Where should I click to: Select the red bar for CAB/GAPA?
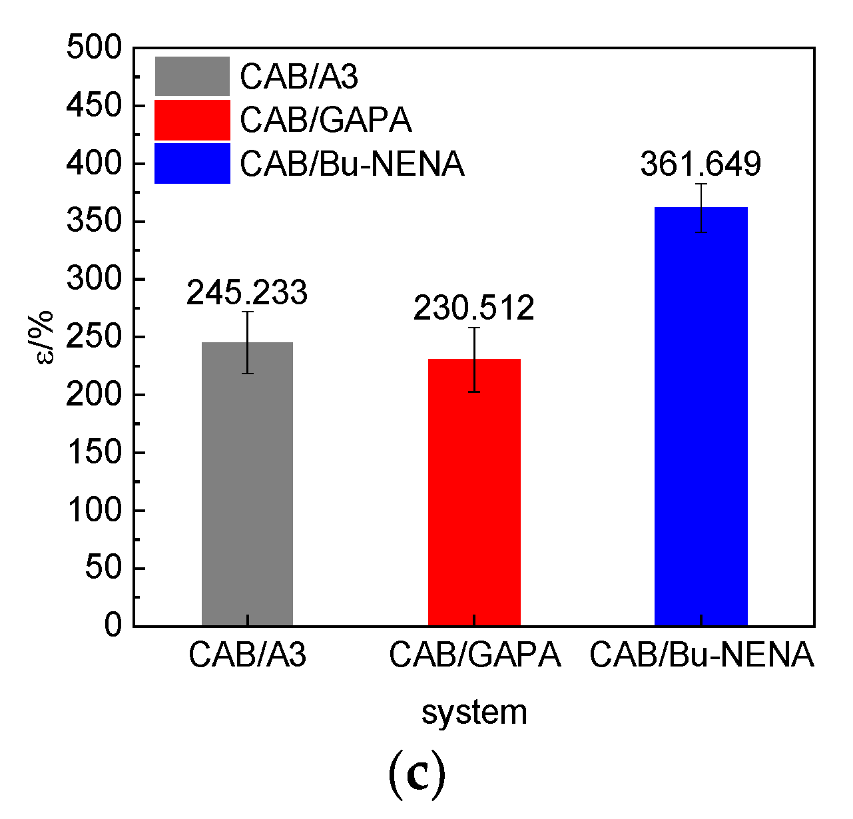click(x=474, y=492)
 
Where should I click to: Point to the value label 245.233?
click(x=247, y=293)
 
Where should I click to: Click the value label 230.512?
click(x=474, y=308)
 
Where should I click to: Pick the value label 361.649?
click(x=701, y=164)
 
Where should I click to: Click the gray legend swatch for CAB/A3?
click(x=192, y=77)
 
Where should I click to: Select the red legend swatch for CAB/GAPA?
click(x=192, y=120)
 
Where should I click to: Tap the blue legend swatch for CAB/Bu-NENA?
click(x=192, y=163)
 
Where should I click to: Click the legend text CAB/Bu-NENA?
click(x=352, y=164)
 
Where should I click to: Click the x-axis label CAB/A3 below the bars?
click(x=247, y=655)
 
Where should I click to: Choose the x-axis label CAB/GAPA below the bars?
click(x=475, y=655)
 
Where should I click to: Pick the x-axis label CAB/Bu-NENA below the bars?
click(x=702, y=655)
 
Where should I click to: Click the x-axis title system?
click(x=474, y=712)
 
